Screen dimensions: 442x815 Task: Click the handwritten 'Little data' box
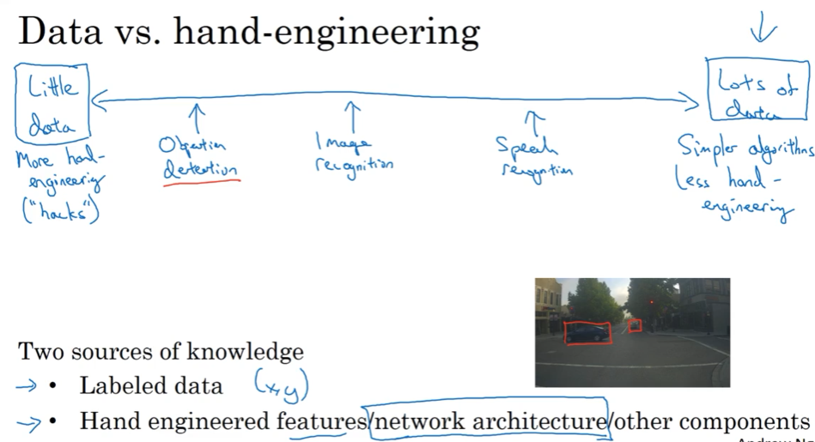point(52,104)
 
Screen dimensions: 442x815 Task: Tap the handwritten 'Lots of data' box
point(757,89)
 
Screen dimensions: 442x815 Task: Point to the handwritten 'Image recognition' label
point(353,152)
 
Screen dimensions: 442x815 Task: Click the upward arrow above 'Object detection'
point(197,117)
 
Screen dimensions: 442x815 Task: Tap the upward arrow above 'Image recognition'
point(352,114)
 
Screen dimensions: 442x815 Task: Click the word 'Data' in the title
point(64,32)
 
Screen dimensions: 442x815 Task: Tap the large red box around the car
point(587,332)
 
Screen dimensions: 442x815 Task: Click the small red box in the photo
point(635,325)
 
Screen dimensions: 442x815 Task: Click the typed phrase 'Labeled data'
point(150,386)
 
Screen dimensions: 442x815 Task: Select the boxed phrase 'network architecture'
point(488,421)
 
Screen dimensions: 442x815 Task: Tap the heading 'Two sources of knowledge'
point(161,351)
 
